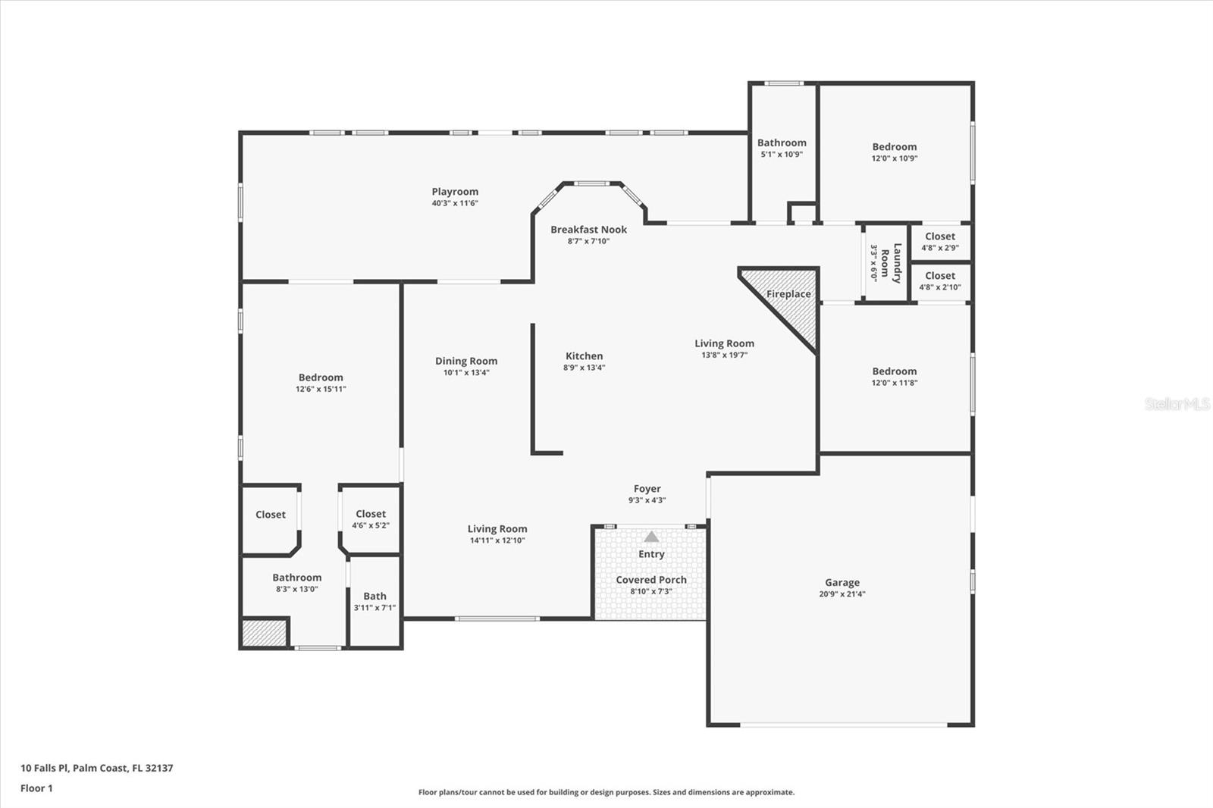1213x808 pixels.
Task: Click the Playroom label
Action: (x=455, y=192)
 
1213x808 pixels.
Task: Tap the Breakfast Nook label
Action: (x=588, y=230)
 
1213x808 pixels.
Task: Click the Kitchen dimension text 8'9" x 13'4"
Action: (x=584, y=368)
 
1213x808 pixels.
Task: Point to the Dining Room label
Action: (x=466, y=362)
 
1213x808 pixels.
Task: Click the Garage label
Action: (x=842, y=583)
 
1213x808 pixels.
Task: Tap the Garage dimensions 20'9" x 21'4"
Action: (x=842, y=594)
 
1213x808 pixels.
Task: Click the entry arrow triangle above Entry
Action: (x=651, y=537)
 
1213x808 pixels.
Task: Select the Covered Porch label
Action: (x=651, y=580)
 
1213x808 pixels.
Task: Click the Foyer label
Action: (x=647, y=489)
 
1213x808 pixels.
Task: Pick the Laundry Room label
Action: (x=892, y=263)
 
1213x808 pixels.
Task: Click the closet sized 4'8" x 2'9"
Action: (x=941, y=242)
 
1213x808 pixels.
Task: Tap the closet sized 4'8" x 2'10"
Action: (x=941, y=282)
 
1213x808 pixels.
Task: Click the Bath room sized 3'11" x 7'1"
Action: (x=375, y=601)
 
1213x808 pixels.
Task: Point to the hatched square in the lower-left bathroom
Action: (x=264, y=633)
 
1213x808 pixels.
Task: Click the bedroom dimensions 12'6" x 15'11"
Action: (x=321, y=390)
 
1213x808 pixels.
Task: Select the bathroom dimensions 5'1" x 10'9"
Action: (x=782, y=155)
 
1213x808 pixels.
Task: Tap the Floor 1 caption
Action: (x=36, y=788)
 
